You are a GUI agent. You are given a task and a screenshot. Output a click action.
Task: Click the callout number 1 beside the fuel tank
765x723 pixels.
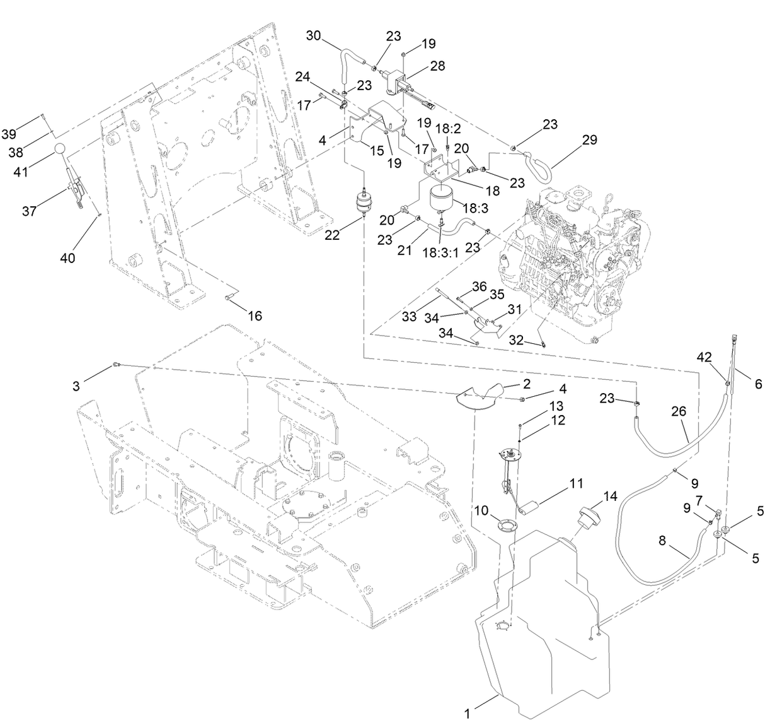coord(468,714)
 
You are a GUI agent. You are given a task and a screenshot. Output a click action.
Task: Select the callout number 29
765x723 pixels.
coord(589,139)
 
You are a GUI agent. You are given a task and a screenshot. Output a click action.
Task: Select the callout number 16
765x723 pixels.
coord(254,316)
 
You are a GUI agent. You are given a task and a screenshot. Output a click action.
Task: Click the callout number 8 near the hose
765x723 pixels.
coord(662,541)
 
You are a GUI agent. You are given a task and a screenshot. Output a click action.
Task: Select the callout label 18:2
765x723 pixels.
coord(452,128)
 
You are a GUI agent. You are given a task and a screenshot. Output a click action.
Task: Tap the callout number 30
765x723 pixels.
coord(313,36)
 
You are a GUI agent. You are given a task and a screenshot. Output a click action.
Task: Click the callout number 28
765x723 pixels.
coord(437,66)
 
